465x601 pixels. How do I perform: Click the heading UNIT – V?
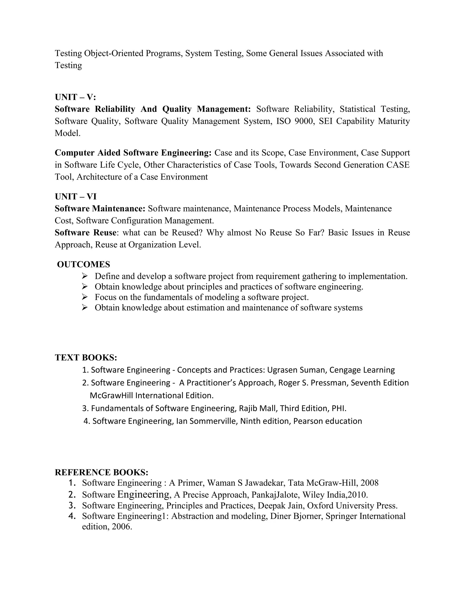pyautogui.click(x=75, y=97)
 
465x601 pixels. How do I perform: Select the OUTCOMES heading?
pyautogui.click(x=84, y=264)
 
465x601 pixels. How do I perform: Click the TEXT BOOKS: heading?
pyautogui.click(x=86, y=357)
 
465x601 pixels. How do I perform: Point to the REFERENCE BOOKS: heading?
pyautogui.click(x=101, y=472)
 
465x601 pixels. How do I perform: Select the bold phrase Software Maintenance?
pyautogui.click(x=100, y=209)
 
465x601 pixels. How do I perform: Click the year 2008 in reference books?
pyautogui.click(x=369, y=483)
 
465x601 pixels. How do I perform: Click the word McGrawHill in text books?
pyautogui.click(x=111, y=396)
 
